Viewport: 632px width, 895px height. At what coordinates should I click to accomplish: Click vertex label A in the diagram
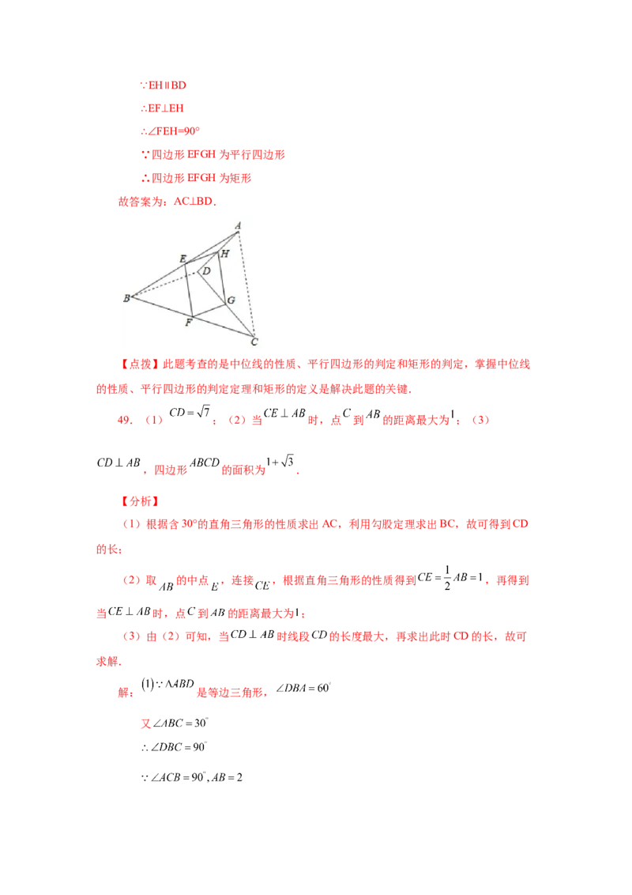(x=238, y=226)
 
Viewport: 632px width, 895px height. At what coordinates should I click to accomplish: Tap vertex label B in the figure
(x=126, y=298)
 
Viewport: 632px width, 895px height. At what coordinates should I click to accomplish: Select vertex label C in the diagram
(x=254, y=342)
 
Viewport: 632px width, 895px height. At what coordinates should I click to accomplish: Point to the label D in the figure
(x=206, y=271)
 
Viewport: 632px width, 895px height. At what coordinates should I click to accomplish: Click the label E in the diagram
(x=182, y=259)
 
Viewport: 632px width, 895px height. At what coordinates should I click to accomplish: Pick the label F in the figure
(x=189, y=323)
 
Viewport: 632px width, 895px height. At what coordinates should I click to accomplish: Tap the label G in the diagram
(x=231, y=300)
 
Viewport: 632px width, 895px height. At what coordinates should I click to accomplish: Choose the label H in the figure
(x=224, y=254)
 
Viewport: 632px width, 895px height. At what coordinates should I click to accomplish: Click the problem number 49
(x=124, y=420)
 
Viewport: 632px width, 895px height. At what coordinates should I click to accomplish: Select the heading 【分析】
(x=141, y=501)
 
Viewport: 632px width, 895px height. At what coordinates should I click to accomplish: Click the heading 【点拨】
(x=141, y=364)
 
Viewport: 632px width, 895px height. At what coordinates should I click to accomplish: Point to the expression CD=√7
(x=190, y=412)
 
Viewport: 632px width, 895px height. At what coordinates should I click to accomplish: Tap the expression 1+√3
(x=280, y=461)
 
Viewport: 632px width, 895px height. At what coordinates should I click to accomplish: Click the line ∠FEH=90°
(x=171, y=131)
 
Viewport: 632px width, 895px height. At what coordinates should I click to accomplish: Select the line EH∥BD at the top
(x=164, y=85)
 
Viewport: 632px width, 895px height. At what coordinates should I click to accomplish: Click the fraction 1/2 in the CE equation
(x=447, y=578)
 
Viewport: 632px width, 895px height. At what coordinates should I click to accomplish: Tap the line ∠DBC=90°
(x=174, y=747)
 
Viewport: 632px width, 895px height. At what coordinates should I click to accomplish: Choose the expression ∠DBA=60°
(x=303, y=688)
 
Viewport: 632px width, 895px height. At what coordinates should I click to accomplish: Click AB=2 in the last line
(x=227, y=777)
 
